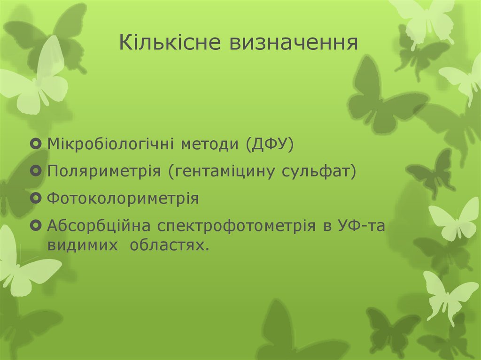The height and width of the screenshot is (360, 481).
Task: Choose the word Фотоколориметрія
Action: [x=123, y=198]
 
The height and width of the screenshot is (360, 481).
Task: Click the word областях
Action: [x=170, y=245]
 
